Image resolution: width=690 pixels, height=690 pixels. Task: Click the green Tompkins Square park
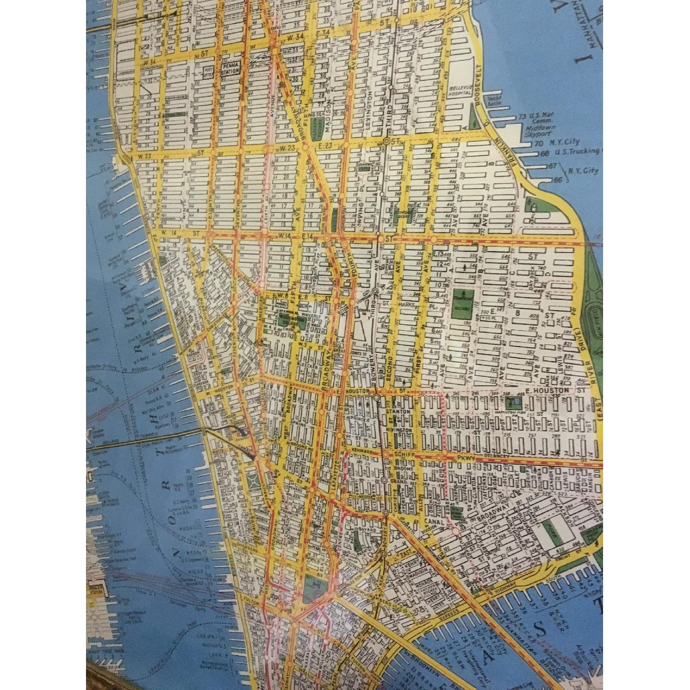click(x=461, y=303)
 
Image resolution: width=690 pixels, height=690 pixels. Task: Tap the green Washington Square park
click(x=288, y=321)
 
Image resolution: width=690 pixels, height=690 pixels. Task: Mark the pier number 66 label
click(x=560, y=179)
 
